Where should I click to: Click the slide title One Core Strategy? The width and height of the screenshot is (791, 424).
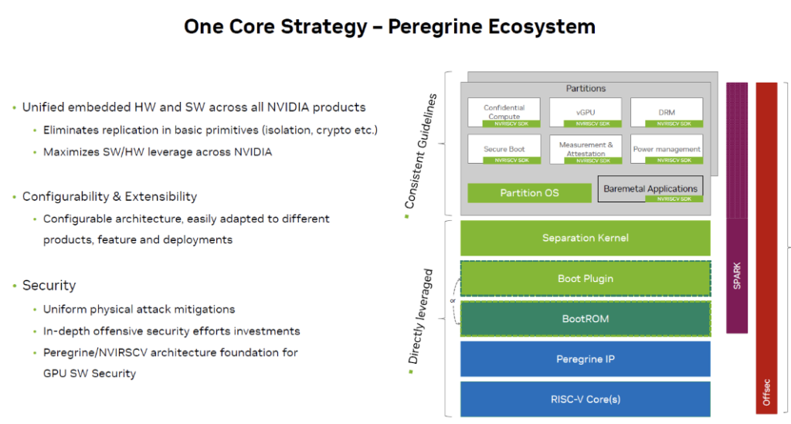coord(389,26)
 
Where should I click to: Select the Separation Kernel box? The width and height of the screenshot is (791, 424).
coord(585,238)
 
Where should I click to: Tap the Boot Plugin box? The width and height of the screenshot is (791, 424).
coord(585,278)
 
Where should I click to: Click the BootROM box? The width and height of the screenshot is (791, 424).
coord(585,318)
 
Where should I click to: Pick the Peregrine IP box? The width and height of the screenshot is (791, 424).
coord(585,359)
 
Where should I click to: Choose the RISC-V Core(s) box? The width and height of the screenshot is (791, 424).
coord(585,399)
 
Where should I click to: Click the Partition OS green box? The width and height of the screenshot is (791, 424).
coord(529,192)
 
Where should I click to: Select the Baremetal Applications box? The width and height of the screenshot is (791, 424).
coord(650,188)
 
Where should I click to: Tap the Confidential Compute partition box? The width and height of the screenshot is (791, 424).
coord(504,112)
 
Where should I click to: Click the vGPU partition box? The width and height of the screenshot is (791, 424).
coord(585,112)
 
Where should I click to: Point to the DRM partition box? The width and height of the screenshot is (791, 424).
coord(666,112)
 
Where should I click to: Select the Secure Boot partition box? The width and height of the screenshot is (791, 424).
coord(504,148)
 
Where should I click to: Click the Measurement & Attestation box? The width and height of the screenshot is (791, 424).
coord(585,148)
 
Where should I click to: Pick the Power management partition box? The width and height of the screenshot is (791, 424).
coord(666,148)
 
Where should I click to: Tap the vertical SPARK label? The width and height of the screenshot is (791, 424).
coord(737,276)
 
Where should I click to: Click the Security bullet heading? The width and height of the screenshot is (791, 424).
coord(49,285)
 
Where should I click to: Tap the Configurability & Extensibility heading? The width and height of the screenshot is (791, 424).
coord(109,196)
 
